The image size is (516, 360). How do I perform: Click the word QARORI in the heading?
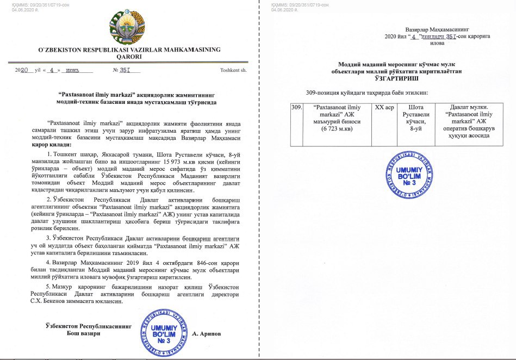tap(129, 56)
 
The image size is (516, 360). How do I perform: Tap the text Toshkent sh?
tap(233, 70)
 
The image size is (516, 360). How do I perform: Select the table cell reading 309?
tap(297, 108)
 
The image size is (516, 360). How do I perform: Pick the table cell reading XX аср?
tap(384, 108)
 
